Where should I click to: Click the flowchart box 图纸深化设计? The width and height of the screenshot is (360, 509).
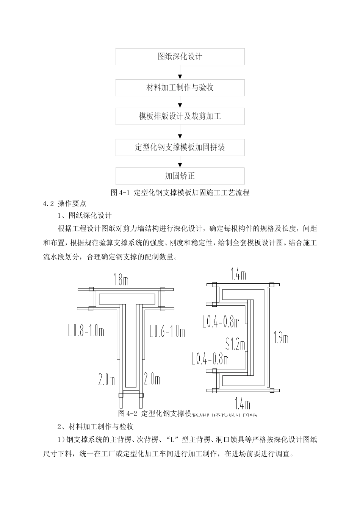click(x=180, y=57)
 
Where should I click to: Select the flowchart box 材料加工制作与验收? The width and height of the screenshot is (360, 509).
click(x=180, y=87)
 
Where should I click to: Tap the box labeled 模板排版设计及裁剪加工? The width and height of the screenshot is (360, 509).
click(x=180, y=116)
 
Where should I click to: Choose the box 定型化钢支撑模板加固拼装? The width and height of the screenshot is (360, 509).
click(x=180, y=147)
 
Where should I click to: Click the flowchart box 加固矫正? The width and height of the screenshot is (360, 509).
click(x=180, y=176)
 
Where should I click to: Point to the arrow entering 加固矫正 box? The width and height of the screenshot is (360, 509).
click(x=180, y=164)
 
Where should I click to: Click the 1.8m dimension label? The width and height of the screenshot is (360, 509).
click(x=121, y=280)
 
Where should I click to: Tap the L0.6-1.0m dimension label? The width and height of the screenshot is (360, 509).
click(x=167, y=332)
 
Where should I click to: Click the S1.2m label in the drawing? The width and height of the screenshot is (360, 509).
click(x=235, y=344)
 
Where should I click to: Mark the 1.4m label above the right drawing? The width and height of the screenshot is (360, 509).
click(x=239, y=274)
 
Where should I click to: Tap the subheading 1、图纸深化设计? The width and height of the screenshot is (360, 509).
click(x=85, y=216)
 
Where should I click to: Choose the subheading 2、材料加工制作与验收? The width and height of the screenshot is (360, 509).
click(x=95, y=427)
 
